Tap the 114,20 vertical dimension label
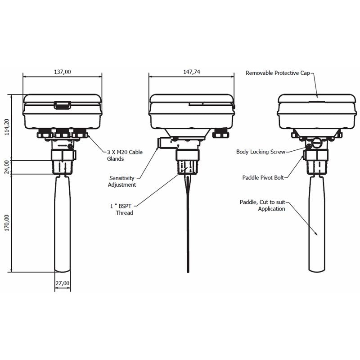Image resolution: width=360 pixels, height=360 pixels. [6, 127]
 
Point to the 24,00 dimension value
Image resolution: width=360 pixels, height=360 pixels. [6, 167]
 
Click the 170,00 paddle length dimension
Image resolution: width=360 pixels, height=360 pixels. [6, 223]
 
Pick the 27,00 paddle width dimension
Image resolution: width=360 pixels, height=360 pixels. [63, 283]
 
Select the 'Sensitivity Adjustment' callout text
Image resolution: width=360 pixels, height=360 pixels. [122, 181]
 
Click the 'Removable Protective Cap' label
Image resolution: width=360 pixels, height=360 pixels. [279, 72]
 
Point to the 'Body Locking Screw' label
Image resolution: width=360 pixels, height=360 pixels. [261, 152]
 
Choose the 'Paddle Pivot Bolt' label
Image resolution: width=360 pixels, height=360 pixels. [263, 178]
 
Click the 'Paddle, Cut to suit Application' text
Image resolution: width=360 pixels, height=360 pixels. [263, 206]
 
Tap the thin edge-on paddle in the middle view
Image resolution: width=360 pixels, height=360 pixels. [188, 225]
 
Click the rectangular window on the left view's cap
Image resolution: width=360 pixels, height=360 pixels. [62, 105]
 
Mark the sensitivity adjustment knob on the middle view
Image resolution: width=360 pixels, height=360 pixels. [163, 143]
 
